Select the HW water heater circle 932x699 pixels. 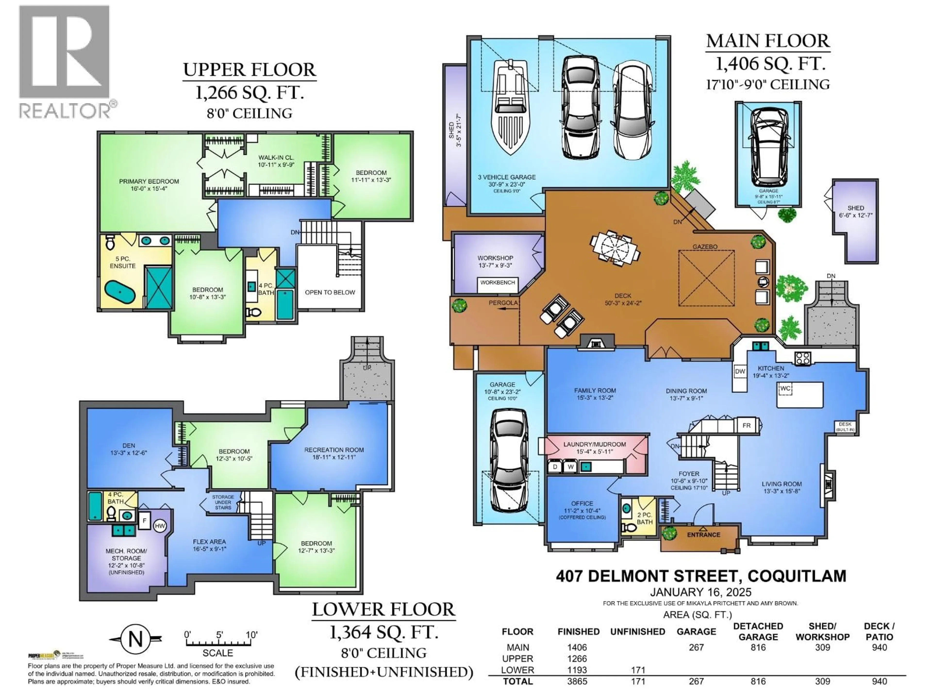(160, 526)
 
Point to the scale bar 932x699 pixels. (218, 642)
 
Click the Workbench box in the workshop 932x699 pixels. (498, 283)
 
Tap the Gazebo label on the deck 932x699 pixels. (705, 247)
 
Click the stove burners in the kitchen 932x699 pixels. (803, 358)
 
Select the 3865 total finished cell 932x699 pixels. (577, 681)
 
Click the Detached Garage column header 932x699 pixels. (758, 631)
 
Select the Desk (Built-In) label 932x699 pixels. (845, 427)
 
